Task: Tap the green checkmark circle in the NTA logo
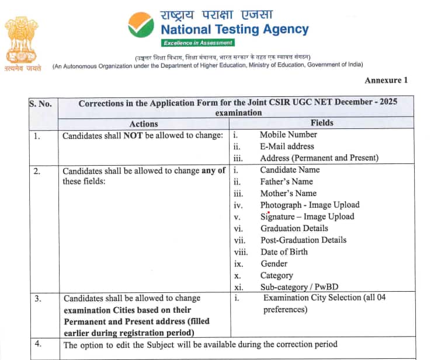[x=141, y=25]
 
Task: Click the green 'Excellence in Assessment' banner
[x=198, y=43]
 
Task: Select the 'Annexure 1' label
[x=386, y=80]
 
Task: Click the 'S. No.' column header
[x=40, y=104]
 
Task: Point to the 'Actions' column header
[x=144, y=124]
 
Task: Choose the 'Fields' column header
[x=322, y=123]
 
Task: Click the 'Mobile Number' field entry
[x=289, y=135]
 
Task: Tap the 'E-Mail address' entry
[x=287, y=146]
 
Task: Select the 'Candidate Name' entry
[x=290, y=170]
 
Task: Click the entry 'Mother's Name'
[x=288, y=193]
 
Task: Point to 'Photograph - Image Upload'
[x=310, y=205]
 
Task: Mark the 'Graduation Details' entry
[x=294, y=228]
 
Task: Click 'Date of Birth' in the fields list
[x=284, y=251]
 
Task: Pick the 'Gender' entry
[x=275, y=263]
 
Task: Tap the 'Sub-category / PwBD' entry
[x=298, y=287]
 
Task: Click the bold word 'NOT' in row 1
[x=131, y=135]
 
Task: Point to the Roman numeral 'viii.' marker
[x=241, y=252]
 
